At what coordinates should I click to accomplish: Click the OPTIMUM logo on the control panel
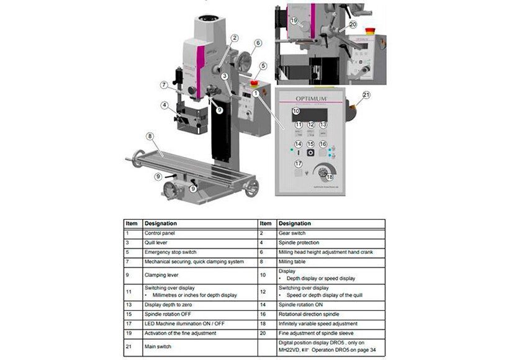pos(310,97)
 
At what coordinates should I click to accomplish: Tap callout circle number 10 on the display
pos(297,112)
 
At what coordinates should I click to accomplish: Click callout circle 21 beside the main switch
pos(366,95)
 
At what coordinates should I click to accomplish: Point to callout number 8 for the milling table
pos(150,136)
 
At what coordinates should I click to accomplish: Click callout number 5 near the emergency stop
pos(263,66)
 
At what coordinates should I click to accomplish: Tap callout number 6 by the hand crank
pos(257,43)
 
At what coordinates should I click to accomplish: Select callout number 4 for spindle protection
pos(164,106)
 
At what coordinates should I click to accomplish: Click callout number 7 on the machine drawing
pos(163,85)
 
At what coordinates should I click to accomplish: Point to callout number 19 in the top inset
pos(294,20)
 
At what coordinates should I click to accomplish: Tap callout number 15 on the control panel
pos(311,144)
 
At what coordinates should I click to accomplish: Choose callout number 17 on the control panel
pos(299,164)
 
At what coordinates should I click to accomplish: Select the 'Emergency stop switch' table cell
pos(171,253)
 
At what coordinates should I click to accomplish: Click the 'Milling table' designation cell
pos(293,263)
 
